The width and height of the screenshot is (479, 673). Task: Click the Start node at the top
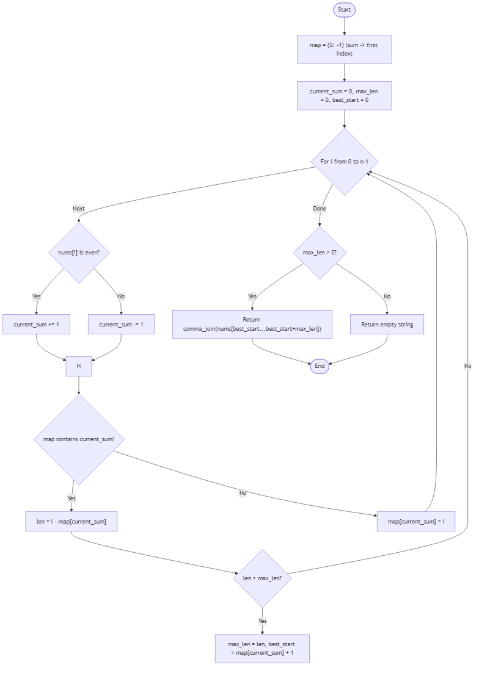coord(344,10)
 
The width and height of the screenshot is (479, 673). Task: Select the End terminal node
coord(320,366)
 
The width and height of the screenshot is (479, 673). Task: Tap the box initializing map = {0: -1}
coord(344,49)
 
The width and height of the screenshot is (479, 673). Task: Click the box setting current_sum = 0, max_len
coord(344,96)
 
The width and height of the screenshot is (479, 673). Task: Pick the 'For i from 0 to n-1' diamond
coord(345,162)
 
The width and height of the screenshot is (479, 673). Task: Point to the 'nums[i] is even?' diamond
coord(79,253)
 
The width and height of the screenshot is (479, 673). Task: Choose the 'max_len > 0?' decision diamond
coord(320,253)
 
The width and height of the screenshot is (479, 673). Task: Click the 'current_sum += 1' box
coord(36,325)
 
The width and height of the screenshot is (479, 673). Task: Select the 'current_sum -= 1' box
coord(121,325)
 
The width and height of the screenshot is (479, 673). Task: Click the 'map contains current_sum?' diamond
coord(79,439)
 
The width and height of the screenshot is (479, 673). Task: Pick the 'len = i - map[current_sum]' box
coord(71,522)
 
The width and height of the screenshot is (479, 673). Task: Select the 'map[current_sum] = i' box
coord(416,522)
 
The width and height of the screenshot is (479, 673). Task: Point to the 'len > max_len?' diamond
coord(263,578)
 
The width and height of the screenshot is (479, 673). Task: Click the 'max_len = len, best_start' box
coord(262,648)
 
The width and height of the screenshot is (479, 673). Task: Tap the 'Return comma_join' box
coord(252,324)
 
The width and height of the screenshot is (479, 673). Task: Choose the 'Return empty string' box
coord(387,325)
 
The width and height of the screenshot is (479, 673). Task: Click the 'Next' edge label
coord(79,209)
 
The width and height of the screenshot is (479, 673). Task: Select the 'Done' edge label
coord(320,209)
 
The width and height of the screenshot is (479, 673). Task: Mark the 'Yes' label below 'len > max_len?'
coord(262,621)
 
